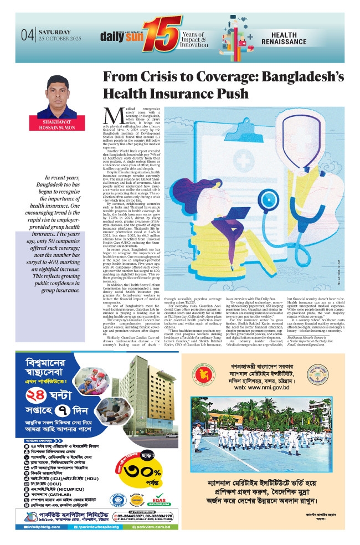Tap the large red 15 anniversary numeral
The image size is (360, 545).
164,33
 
